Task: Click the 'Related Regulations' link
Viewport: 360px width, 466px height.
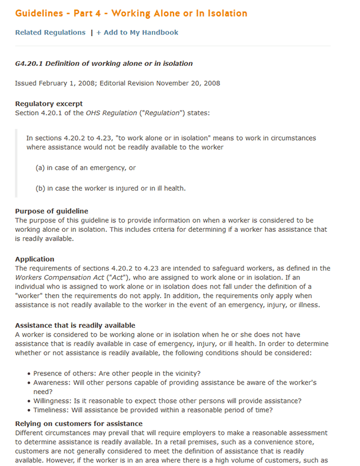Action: tap(50, 32)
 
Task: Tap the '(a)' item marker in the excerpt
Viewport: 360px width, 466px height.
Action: tap(41, 168)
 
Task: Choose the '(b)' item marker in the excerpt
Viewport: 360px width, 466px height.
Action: tap(41, 188)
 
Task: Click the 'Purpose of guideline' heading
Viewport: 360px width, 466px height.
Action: tap(52, 211)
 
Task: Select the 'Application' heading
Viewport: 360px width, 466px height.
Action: tap(35, 259)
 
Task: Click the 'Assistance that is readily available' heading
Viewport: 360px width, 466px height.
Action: tap(75, 325)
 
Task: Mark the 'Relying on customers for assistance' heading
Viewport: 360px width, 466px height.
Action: tap(79, 424)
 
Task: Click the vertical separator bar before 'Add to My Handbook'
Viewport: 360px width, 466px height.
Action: tap(92, 32)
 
